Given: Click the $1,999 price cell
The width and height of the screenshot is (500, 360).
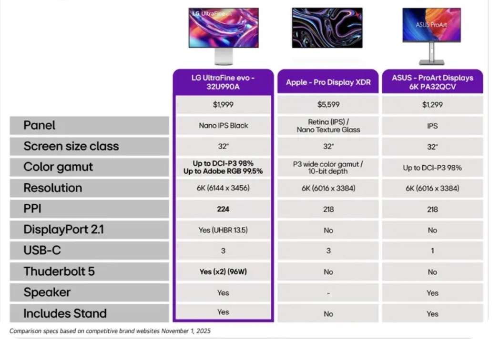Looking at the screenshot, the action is [x=223, y=104].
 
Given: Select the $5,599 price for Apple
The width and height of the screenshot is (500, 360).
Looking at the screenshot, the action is [x=328, y=104].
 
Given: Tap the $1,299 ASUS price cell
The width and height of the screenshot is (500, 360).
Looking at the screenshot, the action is [x=432, y=104].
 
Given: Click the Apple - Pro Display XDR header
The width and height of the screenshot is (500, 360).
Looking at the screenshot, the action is [x=328, y=82].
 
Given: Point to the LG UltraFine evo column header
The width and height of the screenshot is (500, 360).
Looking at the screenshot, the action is [x=223, y=82].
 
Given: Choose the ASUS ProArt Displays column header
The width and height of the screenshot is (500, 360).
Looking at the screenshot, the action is [x=432, y=82].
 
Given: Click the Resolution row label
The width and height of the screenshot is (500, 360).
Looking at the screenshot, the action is [x=53, y=188].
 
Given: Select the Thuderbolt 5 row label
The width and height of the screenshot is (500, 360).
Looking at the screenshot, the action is [x=59, y=271].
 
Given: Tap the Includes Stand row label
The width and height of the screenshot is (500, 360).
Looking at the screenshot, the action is [x=65, y=313].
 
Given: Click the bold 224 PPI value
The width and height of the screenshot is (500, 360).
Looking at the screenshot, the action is [x=223, y=209].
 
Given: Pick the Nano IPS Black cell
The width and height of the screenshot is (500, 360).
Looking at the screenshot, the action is [x=223, y=126].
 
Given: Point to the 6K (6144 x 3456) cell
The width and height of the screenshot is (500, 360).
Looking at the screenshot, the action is [x=223, y=188].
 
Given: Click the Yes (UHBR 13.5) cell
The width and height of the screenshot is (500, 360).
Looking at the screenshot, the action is [x=223, y=230].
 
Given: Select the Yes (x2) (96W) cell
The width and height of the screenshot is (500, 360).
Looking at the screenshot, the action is [x=223, y=271].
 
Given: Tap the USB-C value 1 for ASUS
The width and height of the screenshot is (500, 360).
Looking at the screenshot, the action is [x=432, y=251].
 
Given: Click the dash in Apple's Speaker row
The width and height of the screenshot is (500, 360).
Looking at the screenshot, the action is [x=328, y=293].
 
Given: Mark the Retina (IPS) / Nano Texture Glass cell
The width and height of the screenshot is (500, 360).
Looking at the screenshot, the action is [x=328, y=126].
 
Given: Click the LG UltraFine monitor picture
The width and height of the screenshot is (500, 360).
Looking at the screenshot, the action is [x=224, y=36].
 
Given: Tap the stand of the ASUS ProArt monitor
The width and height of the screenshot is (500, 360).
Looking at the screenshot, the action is [x=431, y=53].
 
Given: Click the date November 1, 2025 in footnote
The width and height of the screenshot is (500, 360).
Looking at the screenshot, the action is [x=186, y=331].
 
